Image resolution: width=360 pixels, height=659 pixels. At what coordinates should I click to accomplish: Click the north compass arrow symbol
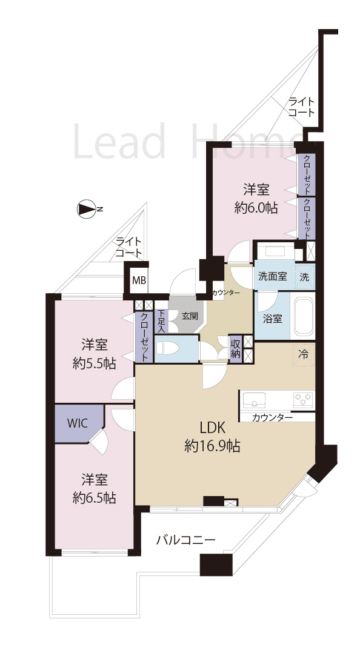point(87,210)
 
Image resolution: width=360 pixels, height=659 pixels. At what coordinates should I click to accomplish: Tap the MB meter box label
point(139,281)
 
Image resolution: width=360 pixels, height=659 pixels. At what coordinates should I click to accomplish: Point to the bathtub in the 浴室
point(302,317)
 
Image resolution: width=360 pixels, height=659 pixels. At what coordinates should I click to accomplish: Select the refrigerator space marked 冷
point(304,354)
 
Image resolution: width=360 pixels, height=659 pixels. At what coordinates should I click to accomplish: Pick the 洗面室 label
point(272,276)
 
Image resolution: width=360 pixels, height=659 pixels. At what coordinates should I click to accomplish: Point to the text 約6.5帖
point(94,498)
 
